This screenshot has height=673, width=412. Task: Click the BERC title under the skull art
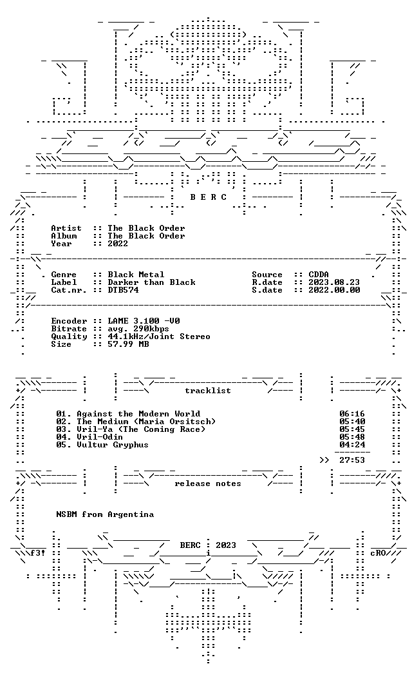(209, 197)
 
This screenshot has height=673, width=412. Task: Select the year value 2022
(118, 244)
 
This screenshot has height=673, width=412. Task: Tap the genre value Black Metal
(136, 274)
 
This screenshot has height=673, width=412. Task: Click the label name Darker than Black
(151, 282)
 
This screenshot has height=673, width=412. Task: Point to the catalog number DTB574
(123, 289)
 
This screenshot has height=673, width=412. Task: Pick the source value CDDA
(319, 274)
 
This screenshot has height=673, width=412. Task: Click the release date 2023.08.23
(334, 282)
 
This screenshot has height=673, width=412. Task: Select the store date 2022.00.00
(334, 289)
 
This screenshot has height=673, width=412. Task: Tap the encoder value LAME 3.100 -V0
(144, 320)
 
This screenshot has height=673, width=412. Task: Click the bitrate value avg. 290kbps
(138, 328)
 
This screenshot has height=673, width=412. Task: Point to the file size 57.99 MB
(128, 344)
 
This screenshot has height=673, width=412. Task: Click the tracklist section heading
(208, 391)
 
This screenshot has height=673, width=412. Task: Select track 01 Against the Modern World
(128, 414)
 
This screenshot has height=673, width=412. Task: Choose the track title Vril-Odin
(100, 437)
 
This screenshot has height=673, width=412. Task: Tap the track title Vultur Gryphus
(113, 445)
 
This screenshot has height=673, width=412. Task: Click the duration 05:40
(352, 422)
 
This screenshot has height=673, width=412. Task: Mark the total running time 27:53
(352, 460)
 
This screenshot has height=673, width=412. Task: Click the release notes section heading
(208, 483)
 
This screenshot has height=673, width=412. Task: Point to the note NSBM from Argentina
(105, 514)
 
